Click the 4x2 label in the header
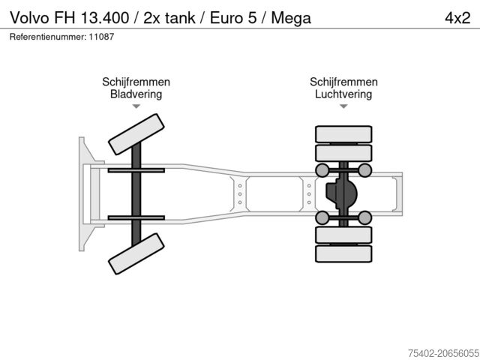[x=456, y=18]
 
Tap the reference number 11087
[x=101, y=37]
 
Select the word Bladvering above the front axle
[x=136, y=94]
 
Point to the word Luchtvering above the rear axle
[x=343, y=94]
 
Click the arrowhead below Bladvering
[x=136, y=106]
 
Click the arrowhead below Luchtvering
[x=343, y=106]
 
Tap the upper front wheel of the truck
[x=136, y=135]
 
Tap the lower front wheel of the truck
[x=136, y=253]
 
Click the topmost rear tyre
[x=343, y=134]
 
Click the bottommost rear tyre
[x=343, y=253]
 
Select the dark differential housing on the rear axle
[x=340, y=193]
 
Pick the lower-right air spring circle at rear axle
[x=364, y=218]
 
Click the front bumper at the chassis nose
[x=82, y=193]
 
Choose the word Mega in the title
[x=293, y=18]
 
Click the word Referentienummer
[x=46, y=37]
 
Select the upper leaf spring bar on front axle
[x=136, y=171]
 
